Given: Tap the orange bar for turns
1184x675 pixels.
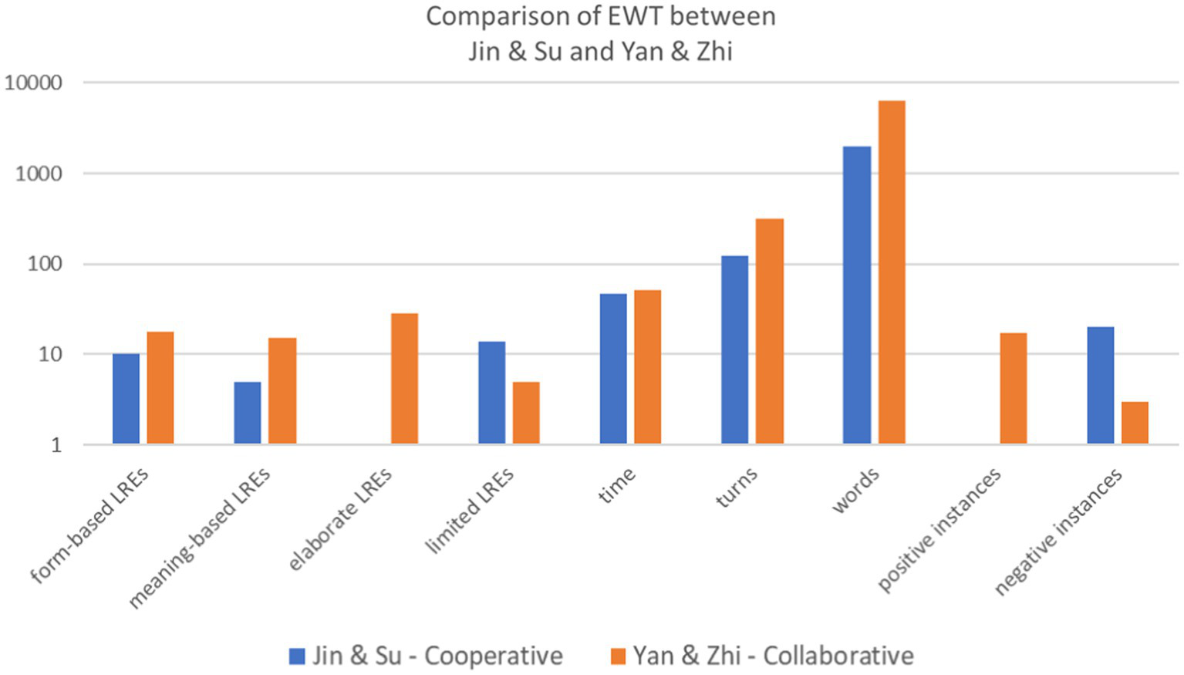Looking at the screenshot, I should point(769,331).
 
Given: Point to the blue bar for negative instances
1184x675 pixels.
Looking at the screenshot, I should point(1100,385).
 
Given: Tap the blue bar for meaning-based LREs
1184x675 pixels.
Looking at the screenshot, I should point(247,413).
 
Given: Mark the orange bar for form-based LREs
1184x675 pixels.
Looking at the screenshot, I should point(160,387).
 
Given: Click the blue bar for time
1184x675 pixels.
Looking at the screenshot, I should point(613,368).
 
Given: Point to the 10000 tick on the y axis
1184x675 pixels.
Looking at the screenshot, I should point(34,83).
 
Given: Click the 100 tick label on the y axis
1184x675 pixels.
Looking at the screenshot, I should point(45,264).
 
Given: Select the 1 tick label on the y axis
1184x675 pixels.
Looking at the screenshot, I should point(56,445).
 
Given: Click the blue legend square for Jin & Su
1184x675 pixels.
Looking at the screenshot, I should point(297,656).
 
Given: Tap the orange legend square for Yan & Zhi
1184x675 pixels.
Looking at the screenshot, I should point(618,656).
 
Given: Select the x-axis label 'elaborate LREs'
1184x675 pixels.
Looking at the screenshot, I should point(340,519).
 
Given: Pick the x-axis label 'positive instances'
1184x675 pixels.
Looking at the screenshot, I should point(939,529).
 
